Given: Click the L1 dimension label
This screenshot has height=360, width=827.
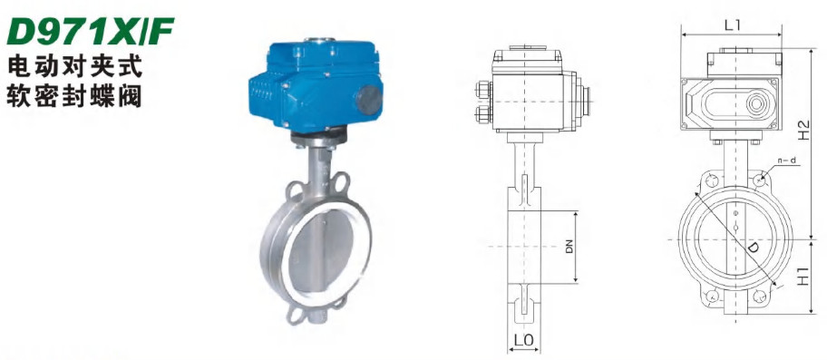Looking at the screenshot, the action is click(x=732, y=24).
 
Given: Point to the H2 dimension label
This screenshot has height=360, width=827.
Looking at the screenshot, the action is click(x=803, y=130).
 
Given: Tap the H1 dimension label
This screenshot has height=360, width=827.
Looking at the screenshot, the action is click(x=803, y=277).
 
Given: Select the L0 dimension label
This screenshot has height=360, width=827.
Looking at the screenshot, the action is click(x=524, y=340).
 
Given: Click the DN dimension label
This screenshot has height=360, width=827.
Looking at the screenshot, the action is click(x=569, y=247).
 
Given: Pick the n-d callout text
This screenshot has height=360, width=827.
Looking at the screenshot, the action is click(x=785, y=161).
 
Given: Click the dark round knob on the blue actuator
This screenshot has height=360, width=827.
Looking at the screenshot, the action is click(x=369, y=100).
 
